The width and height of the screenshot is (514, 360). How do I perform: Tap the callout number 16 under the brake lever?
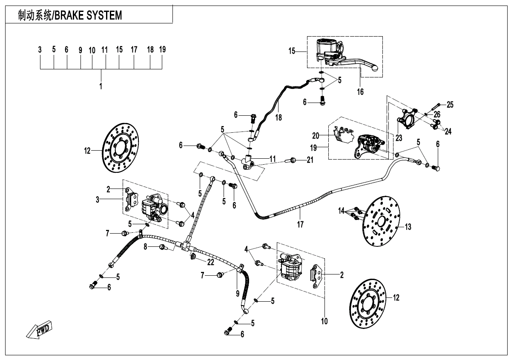pos(360,92)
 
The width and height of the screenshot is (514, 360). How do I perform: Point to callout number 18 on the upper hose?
pos(278,117)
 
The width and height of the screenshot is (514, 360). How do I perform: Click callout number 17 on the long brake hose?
pos(300,224)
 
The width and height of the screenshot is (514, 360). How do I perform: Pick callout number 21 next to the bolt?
pos(310,160)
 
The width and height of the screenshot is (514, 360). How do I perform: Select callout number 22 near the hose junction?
pos(210,262)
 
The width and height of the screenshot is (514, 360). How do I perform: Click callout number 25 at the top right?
pos(450,104)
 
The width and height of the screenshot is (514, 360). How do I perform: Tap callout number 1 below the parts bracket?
pos(101,86)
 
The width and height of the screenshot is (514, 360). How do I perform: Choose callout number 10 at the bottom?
pos(324,321)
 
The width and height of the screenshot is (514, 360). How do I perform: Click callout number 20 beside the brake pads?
pos(315,136)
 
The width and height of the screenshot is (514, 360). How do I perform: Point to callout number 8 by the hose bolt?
pos(146,247)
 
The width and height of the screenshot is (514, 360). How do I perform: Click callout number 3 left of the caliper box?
pos(98,199)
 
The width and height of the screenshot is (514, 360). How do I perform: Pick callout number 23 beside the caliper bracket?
pos(398,138)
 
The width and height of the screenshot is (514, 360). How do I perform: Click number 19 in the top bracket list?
pos(162,49)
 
